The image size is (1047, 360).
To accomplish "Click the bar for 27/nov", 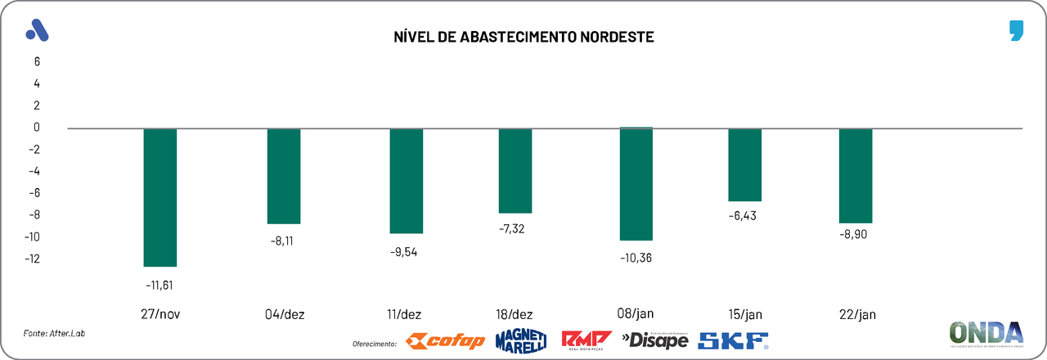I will (160, 197).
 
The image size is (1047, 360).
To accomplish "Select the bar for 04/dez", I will (284, 176).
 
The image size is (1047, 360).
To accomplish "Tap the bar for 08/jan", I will (636, 184).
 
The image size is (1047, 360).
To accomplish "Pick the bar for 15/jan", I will (744, 164).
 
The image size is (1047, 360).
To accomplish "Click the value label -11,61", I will (160, 285).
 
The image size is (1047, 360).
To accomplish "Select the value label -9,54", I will (406, 251).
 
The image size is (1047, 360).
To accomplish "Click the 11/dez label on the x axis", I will (406, 314).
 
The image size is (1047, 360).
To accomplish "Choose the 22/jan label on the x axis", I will (856, 314).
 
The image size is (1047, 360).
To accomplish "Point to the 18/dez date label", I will (515, 314).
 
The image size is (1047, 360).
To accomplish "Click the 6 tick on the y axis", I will (37, 61).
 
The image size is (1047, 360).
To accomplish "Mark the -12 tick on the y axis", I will (34, 259).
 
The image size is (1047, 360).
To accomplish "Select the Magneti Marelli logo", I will (520, 340).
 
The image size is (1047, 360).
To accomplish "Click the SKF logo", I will (733, 340).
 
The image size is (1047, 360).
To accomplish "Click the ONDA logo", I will (986, 334).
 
